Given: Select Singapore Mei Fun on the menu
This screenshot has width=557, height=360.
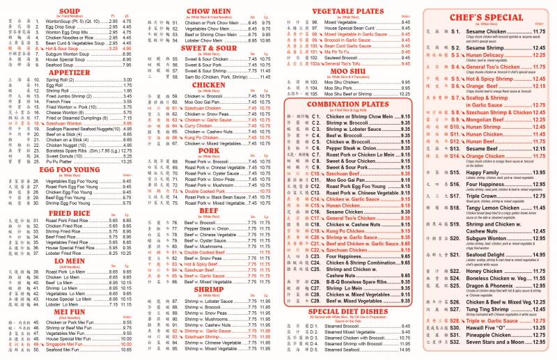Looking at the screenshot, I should coord(69,344).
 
